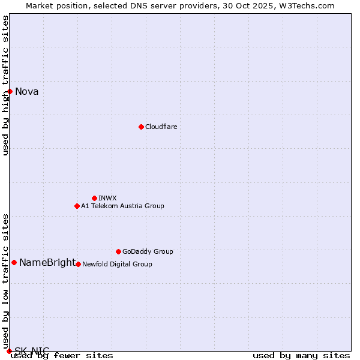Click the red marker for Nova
tap(10, 91)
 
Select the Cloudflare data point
tap(141, 127)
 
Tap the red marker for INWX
tap(94, 198)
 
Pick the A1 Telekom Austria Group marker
tap(77, 206)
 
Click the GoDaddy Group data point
tap(118, 251)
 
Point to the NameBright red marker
tap(14, 262)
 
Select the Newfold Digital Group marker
tap(78, 264)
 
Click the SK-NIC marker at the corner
tap(9, 351)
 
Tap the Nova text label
tap(27, 92)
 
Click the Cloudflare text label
tap(161, 127)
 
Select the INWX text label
tap(107, 198)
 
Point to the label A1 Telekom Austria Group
tap(122, 206)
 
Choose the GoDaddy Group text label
tap(148, 251)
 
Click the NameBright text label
tap(47, 262)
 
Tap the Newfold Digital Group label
tap(117, 264)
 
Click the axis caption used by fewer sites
tap(62, 355)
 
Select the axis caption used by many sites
tap(301, 355)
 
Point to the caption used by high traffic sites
tap(5, 85)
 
